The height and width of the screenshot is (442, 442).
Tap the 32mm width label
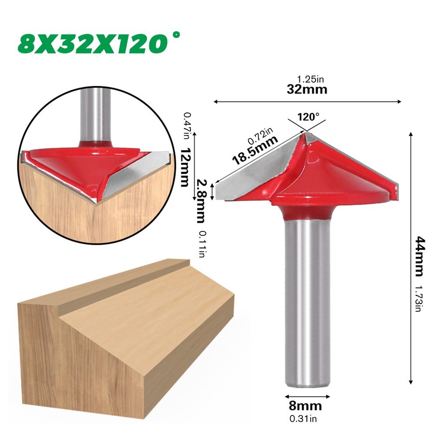coord(307,90)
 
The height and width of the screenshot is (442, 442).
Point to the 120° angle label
coord(309,117)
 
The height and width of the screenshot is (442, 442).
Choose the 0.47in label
coord(187,126)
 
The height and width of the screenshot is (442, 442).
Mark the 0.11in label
coord(202,244)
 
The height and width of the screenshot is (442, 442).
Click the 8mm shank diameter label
coord(305,406)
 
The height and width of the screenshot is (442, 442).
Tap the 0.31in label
coord(303,419)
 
